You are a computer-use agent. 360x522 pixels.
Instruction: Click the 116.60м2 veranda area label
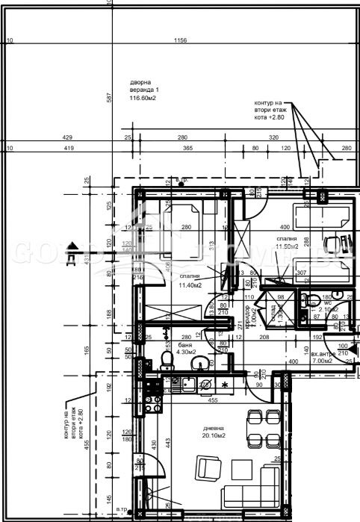click(x=144, y=98)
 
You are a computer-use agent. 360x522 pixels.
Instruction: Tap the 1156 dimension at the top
click(x=180, y=40)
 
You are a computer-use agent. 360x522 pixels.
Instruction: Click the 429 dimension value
click(x=67, y=138)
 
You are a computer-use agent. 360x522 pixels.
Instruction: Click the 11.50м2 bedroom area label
click(x=287, y=246)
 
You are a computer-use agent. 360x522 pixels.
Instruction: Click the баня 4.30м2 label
click(x=190, y=349)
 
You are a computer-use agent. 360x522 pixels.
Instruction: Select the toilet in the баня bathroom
click(x=167, y=362)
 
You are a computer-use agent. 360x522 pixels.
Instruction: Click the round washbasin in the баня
click(x=199, y=364)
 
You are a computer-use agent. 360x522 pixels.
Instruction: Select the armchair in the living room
click(x=209, y=470)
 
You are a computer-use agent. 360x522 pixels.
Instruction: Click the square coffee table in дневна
click(x=240, y=470)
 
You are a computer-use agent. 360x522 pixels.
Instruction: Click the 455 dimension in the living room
click(x=213, y=400)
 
